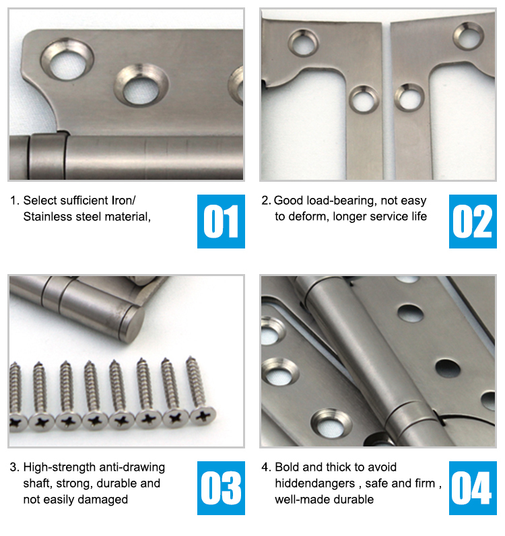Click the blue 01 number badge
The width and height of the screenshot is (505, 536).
(x=221, y=221)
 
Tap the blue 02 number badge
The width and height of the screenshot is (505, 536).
(x=473, y=221)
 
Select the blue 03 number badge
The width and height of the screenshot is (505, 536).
(x=221, y=488)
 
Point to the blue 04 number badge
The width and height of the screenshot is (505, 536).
(x=473, y=488)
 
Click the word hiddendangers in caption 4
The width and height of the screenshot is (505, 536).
(x=315, y=483)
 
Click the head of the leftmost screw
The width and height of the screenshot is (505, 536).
(x=17, y=422)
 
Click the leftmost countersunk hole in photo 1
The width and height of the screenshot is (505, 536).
(x=67, y=59)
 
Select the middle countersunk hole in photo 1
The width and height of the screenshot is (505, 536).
(x=141, y=85)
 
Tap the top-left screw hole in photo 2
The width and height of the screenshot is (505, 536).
(x=303, y=42)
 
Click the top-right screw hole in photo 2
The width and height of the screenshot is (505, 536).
(x=468, y=36)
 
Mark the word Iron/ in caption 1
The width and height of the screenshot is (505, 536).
(x=124, y=201)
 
